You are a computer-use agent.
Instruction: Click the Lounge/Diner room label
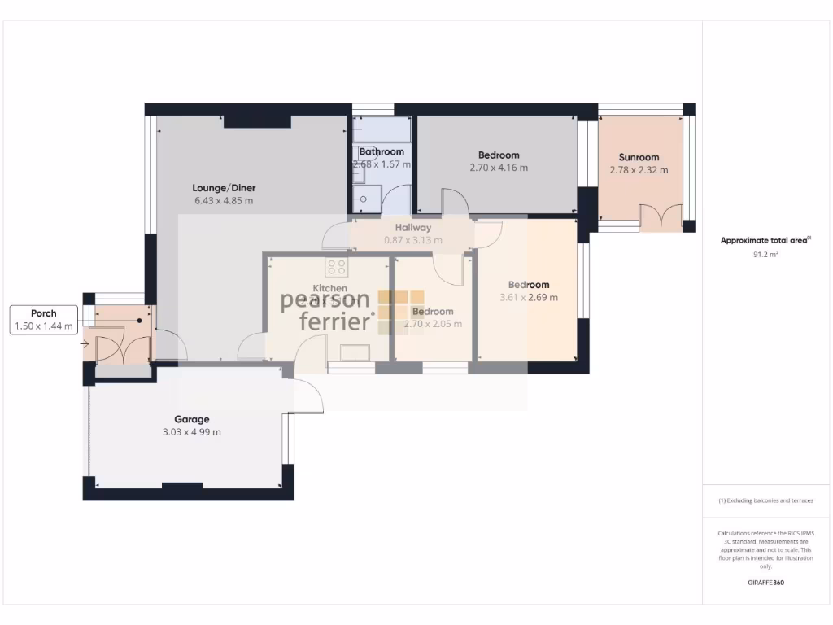click(225, 188)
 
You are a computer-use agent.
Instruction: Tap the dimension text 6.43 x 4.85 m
click(224, 200)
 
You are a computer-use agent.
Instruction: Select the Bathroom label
click(382, 151)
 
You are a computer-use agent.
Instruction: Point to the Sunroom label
click(639, 158)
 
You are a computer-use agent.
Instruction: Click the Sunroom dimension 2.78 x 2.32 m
click(639, 170)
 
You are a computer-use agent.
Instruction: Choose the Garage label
click(191, 420)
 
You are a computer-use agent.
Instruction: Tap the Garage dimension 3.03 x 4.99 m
click(191, 432)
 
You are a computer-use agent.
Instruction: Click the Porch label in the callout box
click(43, 313)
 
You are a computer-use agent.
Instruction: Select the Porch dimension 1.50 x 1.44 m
click(43, 326)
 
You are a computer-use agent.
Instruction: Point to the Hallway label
click(413, 228)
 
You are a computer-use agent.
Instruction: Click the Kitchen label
click(330, 288)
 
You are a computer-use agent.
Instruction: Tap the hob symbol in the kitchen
click(336, 267)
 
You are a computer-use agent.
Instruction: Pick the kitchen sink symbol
click(355, 352)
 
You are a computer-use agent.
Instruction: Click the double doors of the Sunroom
click(661, 218)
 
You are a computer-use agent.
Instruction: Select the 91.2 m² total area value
click(765, 254)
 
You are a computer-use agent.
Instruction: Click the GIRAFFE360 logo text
click(765, 583)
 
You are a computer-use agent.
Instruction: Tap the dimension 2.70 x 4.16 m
click(499, 168)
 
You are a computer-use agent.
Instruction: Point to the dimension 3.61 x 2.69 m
click(529, 297)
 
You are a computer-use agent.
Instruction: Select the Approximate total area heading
click(765, 240)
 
